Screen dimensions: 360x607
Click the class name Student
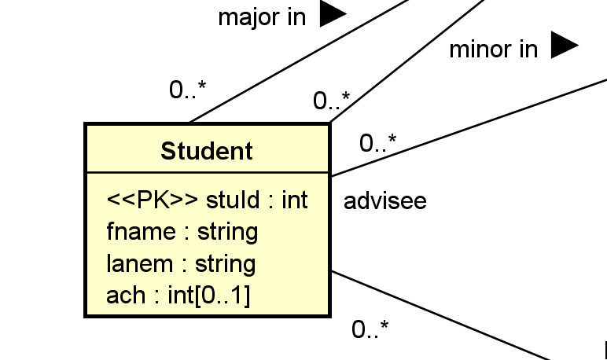coord(207,150)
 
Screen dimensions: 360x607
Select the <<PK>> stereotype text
coord(153,200)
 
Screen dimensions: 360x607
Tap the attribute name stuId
coord(232,200)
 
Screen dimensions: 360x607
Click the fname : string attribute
coord(182,232)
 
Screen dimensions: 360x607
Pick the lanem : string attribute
coord(181,263)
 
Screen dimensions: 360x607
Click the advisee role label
coord(384,201)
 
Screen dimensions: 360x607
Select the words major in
coord(261,17)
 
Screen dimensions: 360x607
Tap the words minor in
coord(493,50)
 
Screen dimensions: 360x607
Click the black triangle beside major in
coord(333,14)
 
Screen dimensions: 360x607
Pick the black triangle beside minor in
coord(564,46)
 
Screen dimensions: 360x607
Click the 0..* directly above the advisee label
coord(378,143)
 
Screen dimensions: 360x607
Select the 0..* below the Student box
coord(370,329)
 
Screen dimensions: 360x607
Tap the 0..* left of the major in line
coord(188,90)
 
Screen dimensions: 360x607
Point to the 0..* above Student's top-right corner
coord(332,101)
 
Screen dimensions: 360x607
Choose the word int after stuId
coord(294,200)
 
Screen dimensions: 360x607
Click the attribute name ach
coord(126,295)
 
